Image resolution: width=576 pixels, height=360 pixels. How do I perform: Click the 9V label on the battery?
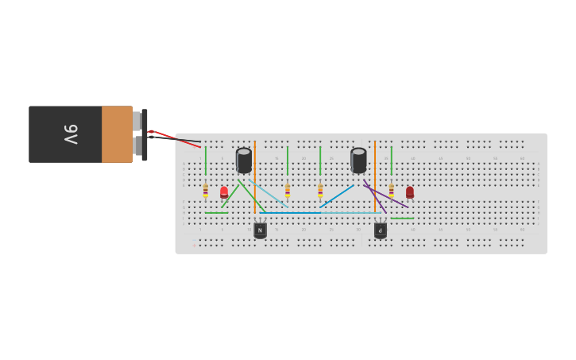70,134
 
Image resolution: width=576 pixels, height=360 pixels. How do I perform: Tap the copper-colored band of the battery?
117,134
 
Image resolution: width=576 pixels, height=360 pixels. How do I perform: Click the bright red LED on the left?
224,192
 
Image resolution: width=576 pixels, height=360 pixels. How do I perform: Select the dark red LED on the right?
410,192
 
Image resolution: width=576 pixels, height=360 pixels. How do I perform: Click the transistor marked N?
260,230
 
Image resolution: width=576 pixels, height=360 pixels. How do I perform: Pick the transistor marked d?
381,230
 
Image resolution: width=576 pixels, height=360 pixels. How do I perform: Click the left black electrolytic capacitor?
244,161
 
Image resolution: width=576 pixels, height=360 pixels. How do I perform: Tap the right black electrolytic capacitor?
358,161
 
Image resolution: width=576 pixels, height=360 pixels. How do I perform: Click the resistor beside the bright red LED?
205,191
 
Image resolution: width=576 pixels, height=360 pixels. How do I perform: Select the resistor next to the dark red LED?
391,191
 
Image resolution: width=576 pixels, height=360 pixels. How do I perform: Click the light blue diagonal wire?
269,192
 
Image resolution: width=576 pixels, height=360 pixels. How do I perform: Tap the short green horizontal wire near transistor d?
402,218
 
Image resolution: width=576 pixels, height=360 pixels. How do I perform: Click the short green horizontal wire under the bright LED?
216,213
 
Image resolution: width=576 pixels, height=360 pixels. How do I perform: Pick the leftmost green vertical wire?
205,161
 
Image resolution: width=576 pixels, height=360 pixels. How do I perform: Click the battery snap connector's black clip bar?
145,135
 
